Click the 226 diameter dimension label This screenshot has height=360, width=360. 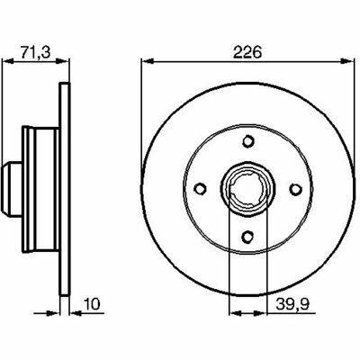(247, 52)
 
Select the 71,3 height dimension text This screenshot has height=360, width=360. (36, 52)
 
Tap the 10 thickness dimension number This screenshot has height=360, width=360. (92, 304)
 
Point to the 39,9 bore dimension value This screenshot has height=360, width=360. (292, 305)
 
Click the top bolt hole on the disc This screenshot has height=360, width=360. (247, 140)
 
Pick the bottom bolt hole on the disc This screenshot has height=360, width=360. (247, 237)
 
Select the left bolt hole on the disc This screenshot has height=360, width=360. (200, 189)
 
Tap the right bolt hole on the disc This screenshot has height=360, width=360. (296, 189)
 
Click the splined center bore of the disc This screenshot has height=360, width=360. (247, 189)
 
